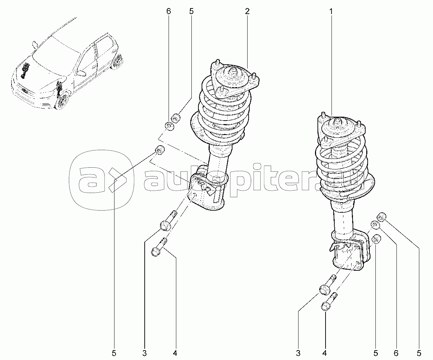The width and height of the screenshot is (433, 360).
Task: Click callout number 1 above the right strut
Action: pyautogui.click(x=330, y=11)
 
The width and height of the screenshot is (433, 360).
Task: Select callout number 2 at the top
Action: pyautogui.click(x=247, y=11)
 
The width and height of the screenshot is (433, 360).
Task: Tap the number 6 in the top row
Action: pyautogui.click(x=168, y=11)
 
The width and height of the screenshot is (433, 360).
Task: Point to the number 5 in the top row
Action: pyautogui.click(x=191, y=11)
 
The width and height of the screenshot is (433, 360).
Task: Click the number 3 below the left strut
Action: pyautogui.click(x=144, y=353)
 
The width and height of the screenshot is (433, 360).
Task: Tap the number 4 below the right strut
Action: pyautogui.click(x=325, y=353)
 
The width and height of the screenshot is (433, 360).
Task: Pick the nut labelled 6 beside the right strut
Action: pyautogui.click(x=375, y=225)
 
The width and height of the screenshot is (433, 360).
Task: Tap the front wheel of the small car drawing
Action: pyautogui.click(x=63, y=102)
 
